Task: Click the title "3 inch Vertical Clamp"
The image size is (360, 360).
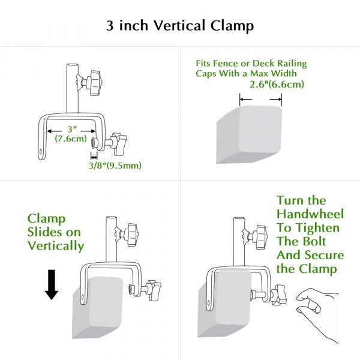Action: point(180,26)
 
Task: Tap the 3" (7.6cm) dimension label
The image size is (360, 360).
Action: point(71,134)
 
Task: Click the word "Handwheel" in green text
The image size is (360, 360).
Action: point(309,214)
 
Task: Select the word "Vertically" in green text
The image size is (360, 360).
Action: point(56,246)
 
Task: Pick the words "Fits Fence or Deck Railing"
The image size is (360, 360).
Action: point(252,63)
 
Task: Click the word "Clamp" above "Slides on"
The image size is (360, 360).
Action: point(47,218)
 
